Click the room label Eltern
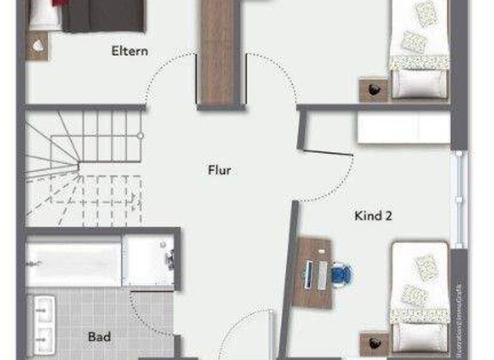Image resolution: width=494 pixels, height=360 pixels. click(129, 51)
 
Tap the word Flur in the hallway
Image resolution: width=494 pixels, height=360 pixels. click(219, 170)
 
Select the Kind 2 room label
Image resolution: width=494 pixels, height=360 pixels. click(374, 216)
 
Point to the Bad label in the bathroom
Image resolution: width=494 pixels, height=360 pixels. click(99, 336)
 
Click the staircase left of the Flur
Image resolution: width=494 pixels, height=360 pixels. click(84, 167)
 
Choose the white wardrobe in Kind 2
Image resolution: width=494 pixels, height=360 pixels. click(403, 127)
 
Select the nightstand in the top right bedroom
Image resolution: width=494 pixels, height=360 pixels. click(373, 89)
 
